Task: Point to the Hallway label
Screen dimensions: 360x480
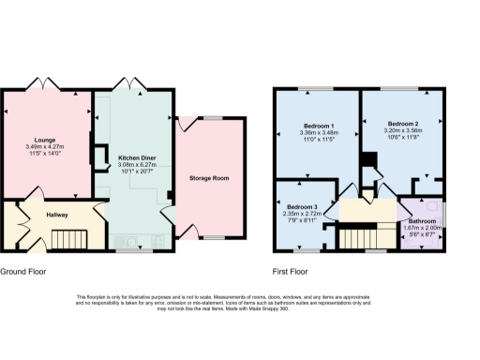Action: (59, 214)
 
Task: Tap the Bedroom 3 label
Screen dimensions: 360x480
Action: (302, 206)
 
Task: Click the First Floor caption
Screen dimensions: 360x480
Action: (292, 272)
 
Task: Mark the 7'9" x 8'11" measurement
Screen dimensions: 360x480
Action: (302, 221)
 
